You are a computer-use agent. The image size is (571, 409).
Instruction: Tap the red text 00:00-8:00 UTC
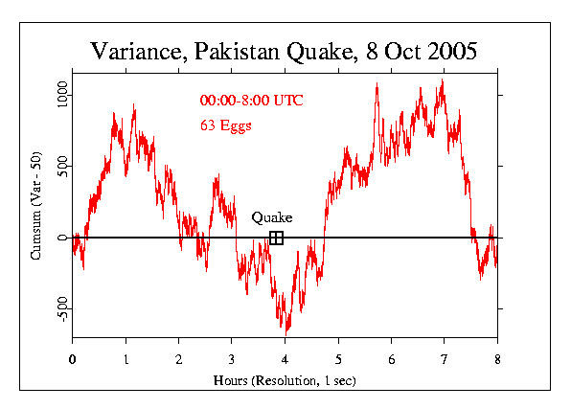point(251,101)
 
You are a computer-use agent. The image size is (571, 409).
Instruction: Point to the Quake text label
point(272,217)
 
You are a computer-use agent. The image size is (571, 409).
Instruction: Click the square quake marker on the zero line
point(276,238)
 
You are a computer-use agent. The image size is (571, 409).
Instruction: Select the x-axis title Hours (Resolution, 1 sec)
point(285,380)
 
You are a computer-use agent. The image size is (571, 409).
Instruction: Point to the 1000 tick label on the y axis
point(61,95)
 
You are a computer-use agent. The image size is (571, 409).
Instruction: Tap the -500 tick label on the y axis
point(61,307)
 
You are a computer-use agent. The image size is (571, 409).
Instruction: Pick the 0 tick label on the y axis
point(61,238)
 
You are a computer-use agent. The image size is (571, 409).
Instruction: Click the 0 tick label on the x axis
point(72,359)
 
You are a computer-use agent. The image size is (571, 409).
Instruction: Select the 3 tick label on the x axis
point(232,359)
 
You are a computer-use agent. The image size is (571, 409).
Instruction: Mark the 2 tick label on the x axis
point(178,359)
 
